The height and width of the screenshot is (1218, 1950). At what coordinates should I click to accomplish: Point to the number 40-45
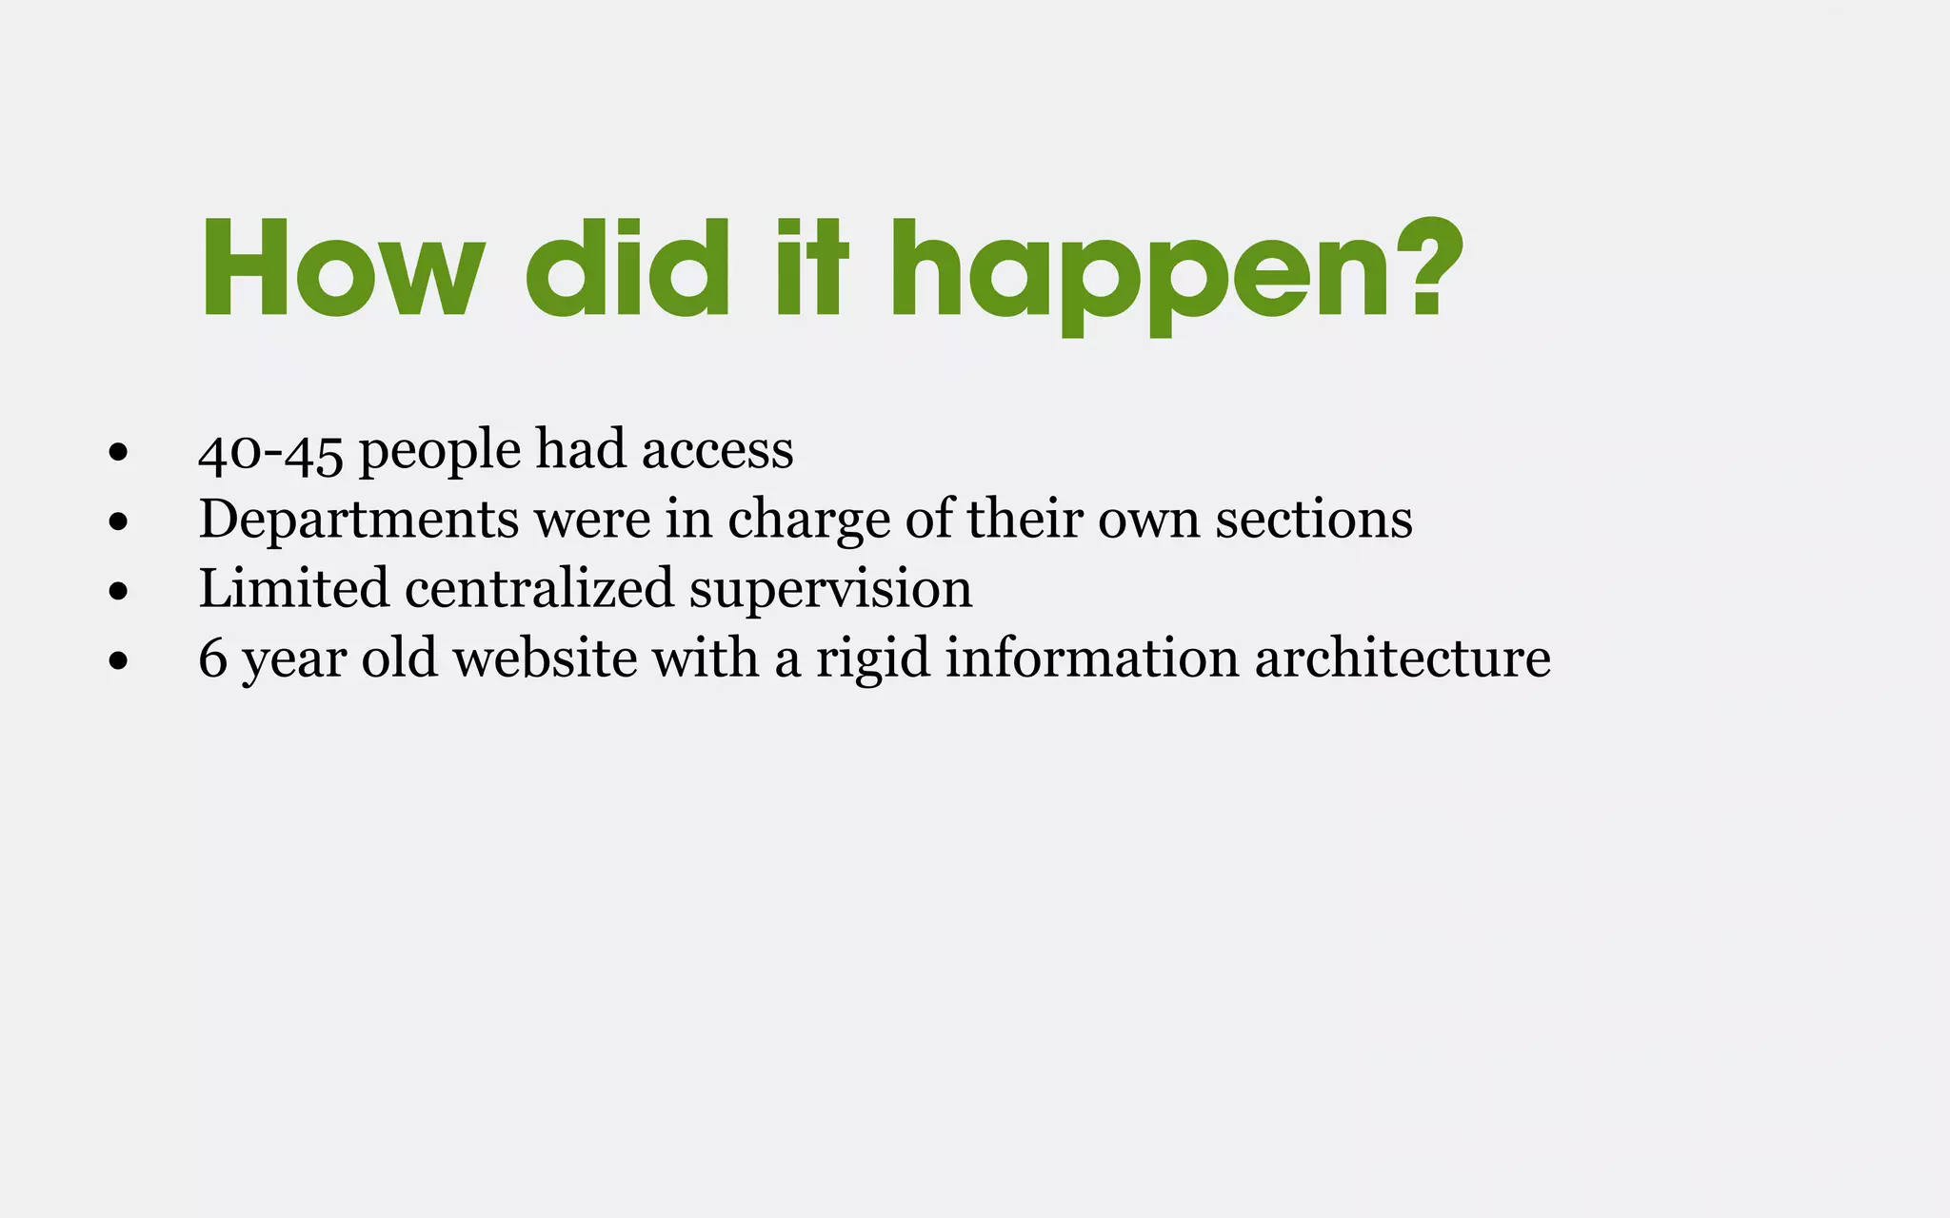pyautogui.click(x=270, y=451)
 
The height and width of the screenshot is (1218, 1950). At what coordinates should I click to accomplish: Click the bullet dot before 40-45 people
pyautogui.click(x=118, y=452)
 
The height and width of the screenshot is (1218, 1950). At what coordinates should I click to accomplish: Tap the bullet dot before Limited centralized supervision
pyautogui.click(x=118, y=591)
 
